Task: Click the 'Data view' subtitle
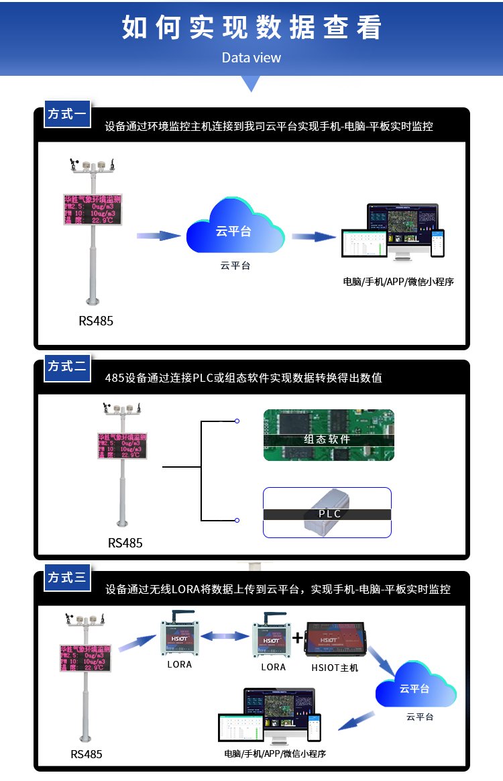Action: coord(251,58)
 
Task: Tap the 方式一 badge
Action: coord(67,114)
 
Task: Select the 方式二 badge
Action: coord(67,366)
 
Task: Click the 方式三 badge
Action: coord(67,577)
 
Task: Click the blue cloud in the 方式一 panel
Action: coord(234,228)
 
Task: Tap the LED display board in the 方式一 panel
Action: coord(93,209)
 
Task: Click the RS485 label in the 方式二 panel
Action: coord(125,543)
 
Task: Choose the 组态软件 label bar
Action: coord(328,439)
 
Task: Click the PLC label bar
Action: coord(328,514)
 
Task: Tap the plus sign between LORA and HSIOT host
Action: coord(298,637)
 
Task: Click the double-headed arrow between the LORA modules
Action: coord(221,636)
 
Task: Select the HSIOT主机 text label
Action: coord(335,668)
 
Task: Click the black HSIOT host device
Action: coord(335,638)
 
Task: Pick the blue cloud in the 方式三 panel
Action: coord(415,687)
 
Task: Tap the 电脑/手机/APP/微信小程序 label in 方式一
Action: coord(398,282)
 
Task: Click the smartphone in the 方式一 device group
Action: coord(437,243)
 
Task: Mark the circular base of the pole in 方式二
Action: coord(122,523)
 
